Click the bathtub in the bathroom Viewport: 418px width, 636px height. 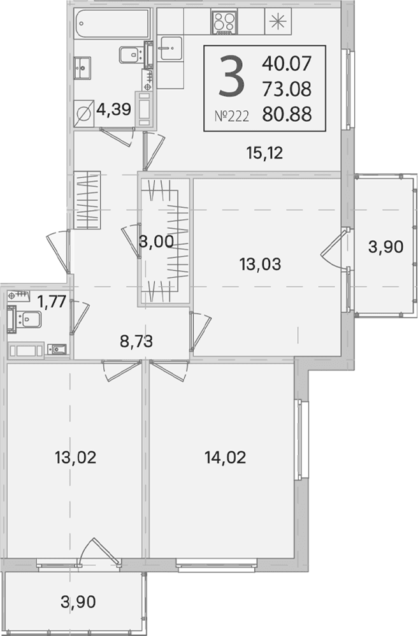pyautogui.click(x=112, y=24)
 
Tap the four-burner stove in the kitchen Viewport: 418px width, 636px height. pyautogui.click(x=224, y=22)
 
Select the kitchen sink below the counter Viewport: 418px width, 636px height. pyautogui.click(x=171, y=48)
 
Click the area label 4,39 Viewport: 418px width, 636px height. pyautogui.click(x=114, y=109)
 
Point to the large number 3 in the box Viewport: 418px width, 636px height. pyautogui.click(x=231, y=77)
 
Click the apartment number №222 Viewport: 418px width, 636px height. pyautogui.click(x=231, y=117)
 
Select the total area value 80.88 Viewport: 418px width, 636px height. pyautogui.click(x=287, y=115)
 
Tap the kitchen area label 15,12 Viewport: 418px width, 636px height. pyautogui.click(x=264, y=153)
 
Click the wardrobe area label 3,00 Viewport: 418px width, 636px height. pyautogui.click(x=156, y=242)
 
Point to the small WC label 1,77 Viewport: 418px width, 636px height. pyautogui.click(x=52, y=302)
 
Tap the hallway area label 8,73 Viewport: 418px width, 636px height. pyautogui.click(x=136, y=342)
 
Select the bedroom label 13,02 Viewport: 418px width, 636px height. pyautogui.click(x=75, y=458)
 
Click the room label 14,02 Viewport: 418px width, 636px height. pyautogui.click(x=226, y=458)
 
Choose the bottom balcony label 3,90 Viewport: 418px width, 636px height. pyautogui.click(x=78, y=601)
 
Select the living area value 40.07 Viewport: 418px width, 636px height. pyautogui.click(x=287, y=63)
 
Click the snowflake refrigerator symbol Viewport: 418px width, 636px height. pyautogui.click(x=278, y=22)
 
